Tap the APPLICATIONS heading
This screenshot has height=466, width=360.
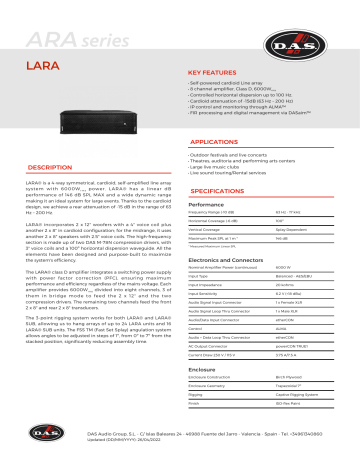click(217, 143)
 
